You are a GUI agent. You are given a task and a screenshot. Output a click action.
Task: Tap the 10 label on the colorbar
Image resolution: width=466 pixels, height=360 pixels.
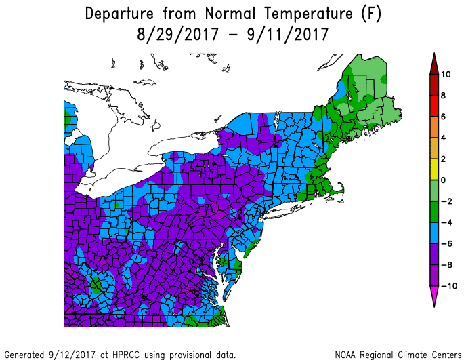pos(446,74)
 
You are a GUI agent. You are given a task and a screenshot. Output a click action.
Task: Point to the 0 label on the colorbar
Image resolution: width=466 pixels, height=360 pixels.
pos(444,180)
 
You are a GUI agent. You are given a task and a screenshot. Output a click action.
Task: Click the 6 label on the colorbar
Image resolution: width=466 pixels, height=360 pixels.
pos(444,117)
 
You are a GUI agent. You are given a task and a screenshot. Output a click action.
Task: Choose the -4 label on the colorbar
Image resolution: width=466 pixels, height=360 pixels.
pos(445,222)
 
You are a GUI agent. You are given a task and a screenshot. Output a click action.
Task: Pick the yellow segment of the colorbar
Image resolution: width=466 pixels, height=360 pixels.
pos(432,169)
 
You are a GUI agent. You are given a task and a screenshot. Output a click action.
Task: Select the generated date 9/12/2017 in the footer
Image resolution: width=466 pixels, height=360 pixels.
pos(69,354)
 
